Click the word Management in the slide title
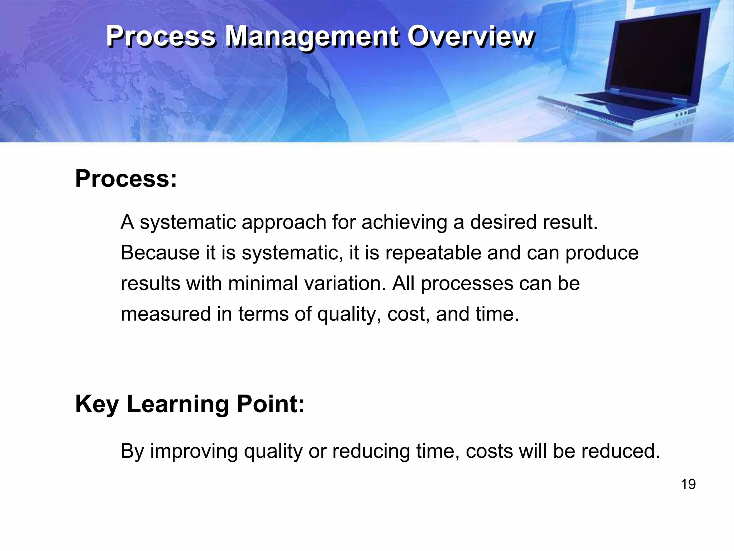[311, 37]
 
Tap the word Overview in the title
[470, 37]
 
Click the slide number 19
[688, 484]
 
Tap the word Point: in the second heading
[270, 404]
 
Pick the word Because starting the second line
[160, 253]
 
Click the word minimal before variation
[263, 283]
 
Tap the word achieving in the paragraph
[404, 222]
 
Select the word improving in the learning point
[194, 451]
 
